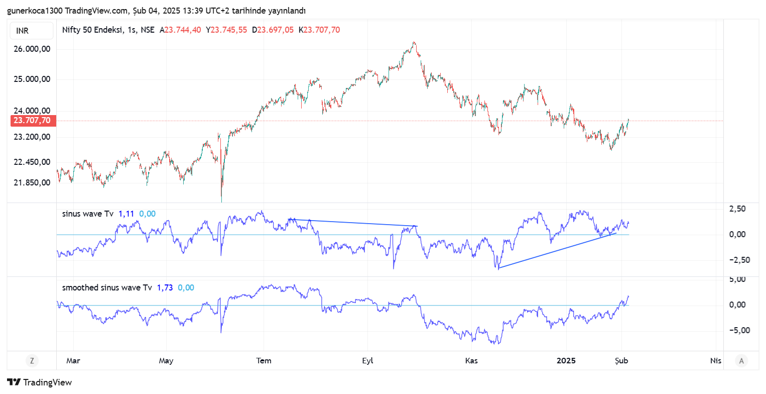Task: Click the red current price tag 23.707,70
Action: [32, 120]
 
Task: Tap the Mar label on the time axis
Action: [73, 360]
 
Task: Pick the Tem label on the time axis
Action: [264, 360]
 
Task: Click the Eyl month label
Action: [367, 360]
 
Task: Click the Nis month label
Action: [716, 360]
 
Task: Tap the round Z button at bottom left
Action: [32, 360]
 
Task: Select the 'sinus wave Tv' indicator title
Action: [88, 214]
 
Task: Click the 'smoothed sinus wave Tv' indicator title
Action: [106, 288]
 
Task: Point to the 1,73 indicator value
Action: [165, 288]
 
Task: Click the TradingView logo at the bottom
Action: [40, 382]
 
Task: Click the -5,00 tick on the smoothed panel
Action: [738, 330]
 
